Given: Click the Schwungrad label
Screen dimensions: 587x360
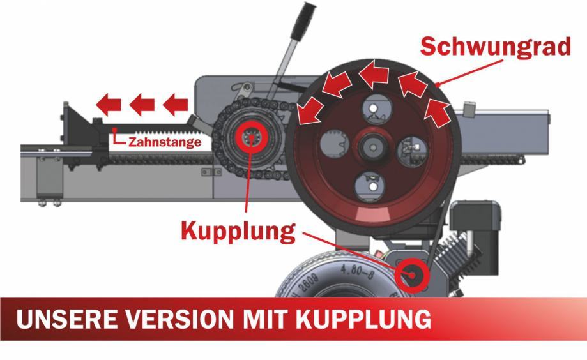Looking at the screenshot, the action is [495, 47].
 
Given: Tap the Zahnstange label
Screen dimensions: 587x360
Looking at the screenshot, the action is [165, 142].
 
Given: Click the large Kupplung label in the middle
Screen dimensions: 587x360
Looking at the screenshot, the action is [238, 231].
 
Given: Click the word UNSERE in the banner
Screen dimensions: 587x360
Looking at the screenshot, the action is [66, 319].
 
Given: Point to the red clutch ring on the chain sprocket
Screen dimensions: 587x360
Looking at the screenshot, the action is [251, 139].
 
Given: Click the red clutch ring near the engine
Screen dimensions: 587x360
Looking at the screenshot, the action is [412, 275].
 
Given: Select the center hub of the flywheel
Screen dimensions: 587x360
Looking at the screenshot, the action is [372, 147].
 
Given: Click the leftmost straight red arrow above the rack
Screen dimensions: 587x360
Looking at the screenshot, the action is [109, 105].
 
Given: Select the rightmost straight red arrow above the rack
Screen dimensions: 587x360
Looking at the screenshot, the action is [175, 105].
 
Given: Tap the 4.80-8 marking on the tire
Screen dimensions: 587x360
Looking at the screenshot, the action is [357, 272].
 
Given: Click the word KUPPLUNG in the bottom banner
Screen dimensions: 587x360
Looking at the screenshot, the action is [363, 319].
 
